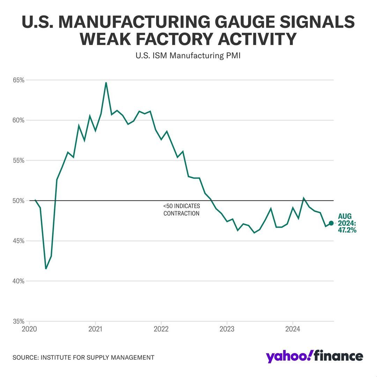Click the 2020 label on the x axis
point(30,329)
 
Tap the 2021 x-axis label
point(95,329)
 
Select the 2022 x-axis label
point(161,329)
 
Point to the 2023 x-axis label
point(227,329)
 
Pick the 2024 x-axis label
point(293,329)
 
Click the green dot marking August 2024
point(331,223)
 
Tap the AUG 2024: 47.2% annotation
point(347,223)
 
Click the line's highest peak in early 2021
point(106,83)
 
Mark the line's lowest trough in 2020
point(46,268)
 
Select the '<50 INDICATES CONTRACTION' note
point(182,210)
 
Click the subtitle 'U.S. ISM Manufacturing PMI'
point(188,56)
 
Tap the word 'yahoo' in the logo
point(287,356)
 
